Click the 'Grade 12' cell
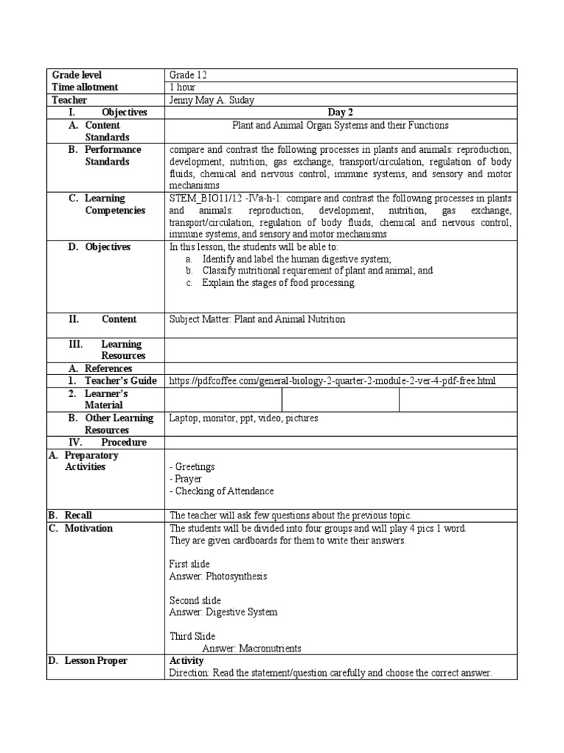(x=183, y=75)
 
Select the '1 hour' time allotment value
(x=182, y=88)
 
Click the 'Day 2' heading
(x=340, y=113)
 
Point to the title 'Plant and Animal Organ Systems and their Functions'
(x=340, y=125)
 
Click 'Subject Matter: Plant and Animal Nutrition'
(x=256, y=319)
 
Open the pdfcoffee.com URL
(x=332, y=380)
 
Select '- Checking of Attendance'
(x=221, y=490)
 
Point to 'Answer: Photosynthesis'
(x=217, y=576)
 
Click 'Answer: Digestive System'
(x=223, y=612)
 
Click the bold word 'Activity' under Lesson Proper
(x=187, y=660)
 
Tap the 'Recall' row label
(x=78, y=515)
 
